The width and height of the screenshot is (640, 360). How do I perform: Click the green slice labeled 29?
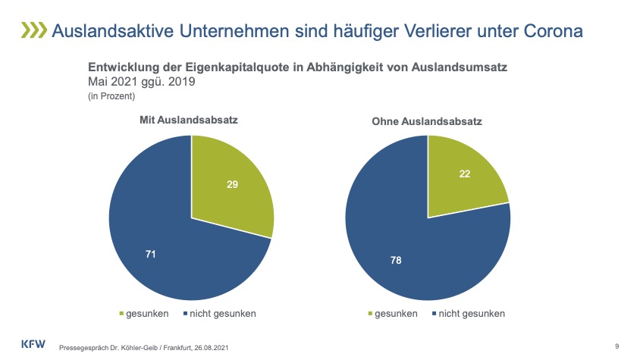[x=227, y=189]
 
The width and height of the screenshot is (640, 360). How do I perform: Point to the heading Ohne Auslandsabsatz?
[x=427, y=121]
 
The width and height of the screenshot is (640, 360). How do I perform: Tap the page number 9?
[x=616, y=346]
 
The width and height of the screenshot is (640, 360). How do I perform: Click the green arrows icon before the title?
[x=32, y=30]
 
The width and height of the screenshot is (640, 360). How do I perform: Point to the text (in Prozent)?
[x=111, y=95]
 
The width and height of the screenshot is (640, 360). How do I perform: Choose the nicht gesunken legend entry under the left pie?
[x=219, y=313]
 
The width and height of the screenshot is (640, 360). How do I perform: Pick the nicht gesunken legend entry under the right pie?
[x=468, y=313]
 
